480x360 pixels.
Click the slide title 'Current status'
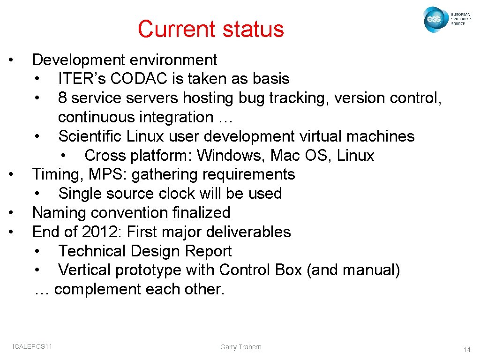(x=211, y=29)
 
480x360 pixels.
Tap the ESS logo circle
(x=434, y=20)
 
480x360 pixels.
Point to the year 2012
(x=98, y=232)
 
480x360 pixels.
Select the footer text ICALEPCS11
(x=32, y=346)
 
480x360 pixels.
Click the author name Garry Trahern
(x=241, y=347)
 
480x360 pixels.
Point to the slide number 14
(x=466, y=350)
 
